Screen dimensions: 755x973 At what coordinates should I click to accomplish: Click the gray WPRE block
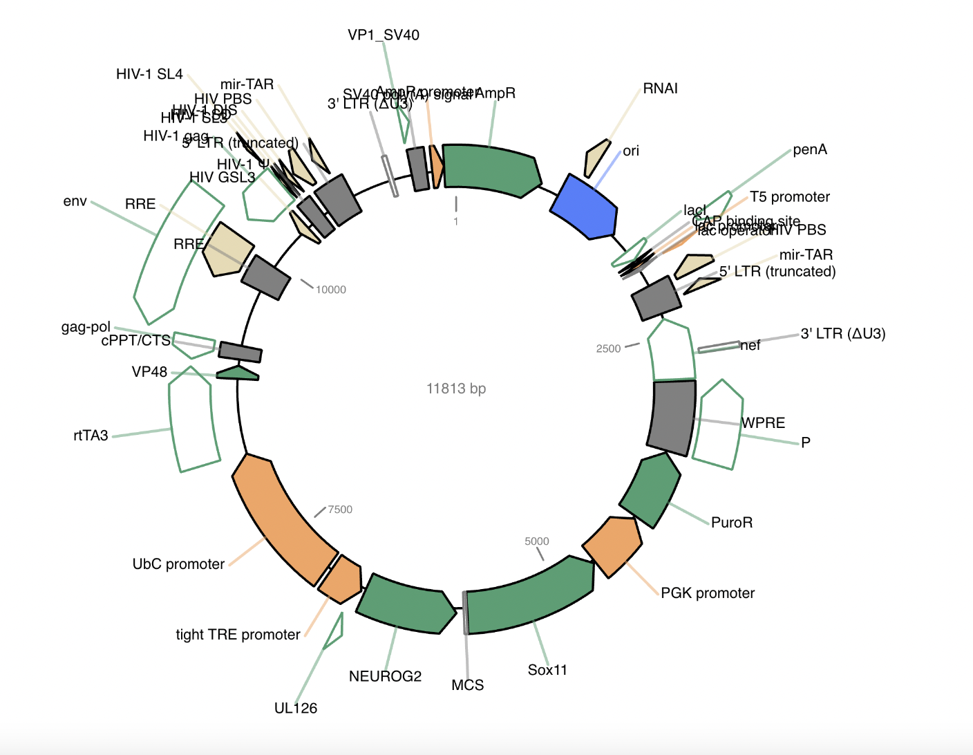click(x=672, y=418)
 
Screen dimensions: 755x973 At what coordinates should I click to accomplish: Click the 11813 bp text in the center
click(x=456, y=389)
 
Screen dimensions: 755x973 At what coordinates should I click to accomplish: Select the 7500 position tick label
click(x=340, y=510)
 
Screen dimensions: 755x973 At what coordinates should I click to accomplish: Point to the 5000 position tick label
click(x=537, y=541)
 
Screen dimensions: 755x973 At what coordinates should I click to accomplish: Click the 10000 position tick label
click(x=331, y=290)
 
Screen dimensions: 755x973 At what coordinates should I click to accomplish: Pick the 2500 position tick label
click(x=608, y=348)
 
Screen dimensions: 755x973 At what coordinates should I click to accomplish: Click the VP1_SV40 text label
click(x=384, y=35)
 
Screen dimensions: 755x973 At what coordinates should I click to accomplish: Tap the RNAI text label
click(x=660, y=88)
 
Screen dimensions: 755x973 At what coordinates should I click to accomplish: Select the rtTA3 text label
click(x=91, y=436)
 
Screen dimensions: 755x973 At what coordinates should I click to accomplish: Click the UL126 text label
click(x=296, y=708)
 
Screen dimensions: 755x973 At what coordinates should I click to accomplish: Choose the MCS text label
click(x=468, y=685)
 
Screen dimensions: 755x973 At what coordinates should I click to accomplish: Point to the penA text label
click(x=810, y=150)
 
